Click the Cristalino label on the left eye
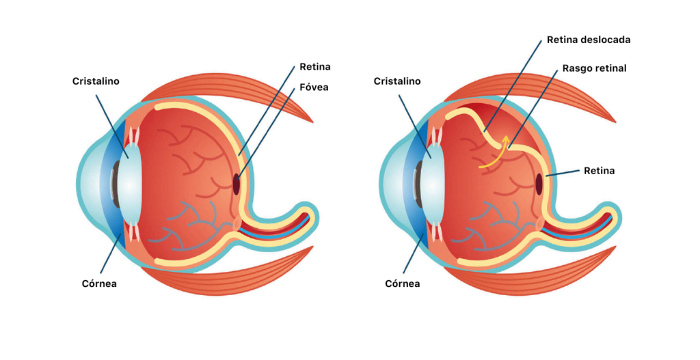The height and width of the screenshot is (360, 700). [96, 81]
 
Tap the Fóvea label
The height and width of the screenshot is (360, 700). [314, 87]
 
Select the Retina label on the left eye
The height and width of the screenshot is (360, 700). [314, 67]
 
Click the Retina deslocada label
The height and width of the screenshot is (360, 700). [588, 40]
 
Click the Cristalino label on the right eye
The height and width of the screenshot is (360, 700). [396, 81]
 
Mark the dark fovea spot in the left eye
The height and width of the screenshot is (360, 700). [237, 184]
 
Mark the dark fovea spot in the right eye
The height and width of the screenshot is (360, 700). [539, 184]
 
